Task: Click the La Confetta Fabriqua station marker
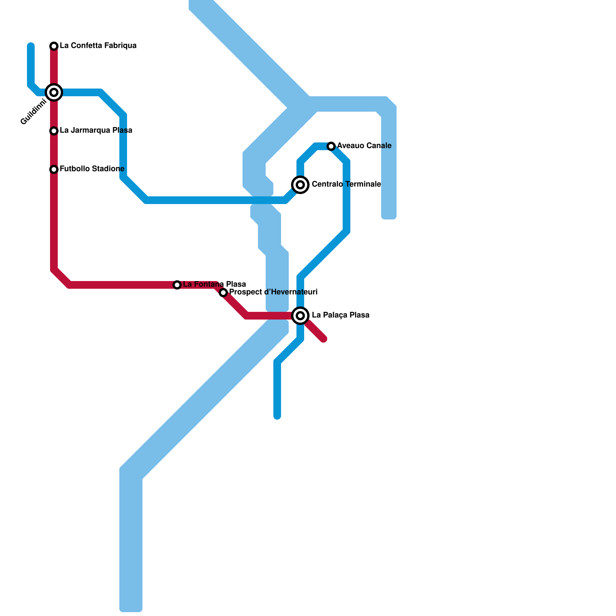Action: point(54,46)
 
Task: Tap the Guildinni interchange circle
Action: point(54,92)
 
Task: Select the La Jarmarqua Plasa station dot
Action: point(54,131)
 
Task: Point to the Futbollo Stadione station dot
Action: point(54,169)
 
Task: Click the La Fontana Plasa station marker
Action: point(177,285)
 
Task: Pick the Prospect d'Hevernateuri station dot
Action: point(223,293)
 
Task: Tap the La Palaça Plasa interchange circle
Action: point(300,316)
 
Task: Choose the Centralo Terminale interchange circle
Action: point(300,185)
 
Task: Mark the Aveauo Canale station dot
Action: point(331,146)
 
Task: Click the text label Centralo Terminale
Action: point(346,184)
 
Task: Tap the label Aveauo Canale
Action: point(364,146)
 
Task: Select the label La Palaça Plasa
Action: point(340,315)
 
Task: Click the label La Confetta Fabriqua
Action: point(98,46)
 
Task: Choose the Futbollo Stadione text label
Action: point(92,169)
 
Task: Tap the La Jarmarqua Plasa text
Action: point(96,131)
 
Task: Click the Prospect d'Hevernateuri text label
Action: point(273,292)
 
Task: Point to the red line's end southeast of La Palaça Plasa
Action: point(324,339)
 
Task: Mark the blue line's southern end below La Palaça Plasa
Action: point(277,416)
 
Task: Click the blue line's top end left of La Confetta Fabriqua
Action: point(31,46)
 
